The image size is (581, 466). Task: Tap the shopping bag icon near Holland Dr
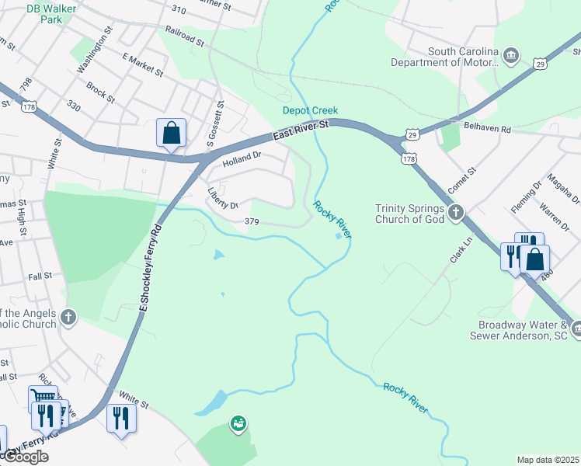[x=171, y=133]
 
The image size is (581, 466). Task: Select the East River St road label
[x=301, y=130]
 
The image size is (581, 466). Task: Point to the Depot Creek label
[x=310, y=111]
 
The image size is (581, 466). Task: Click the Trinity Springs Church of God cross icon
[x=457, y=211]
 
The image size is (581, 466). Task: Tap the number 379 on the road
[x=251, y=222]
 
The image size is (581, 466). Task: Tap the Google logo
[x=25, y=457]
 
